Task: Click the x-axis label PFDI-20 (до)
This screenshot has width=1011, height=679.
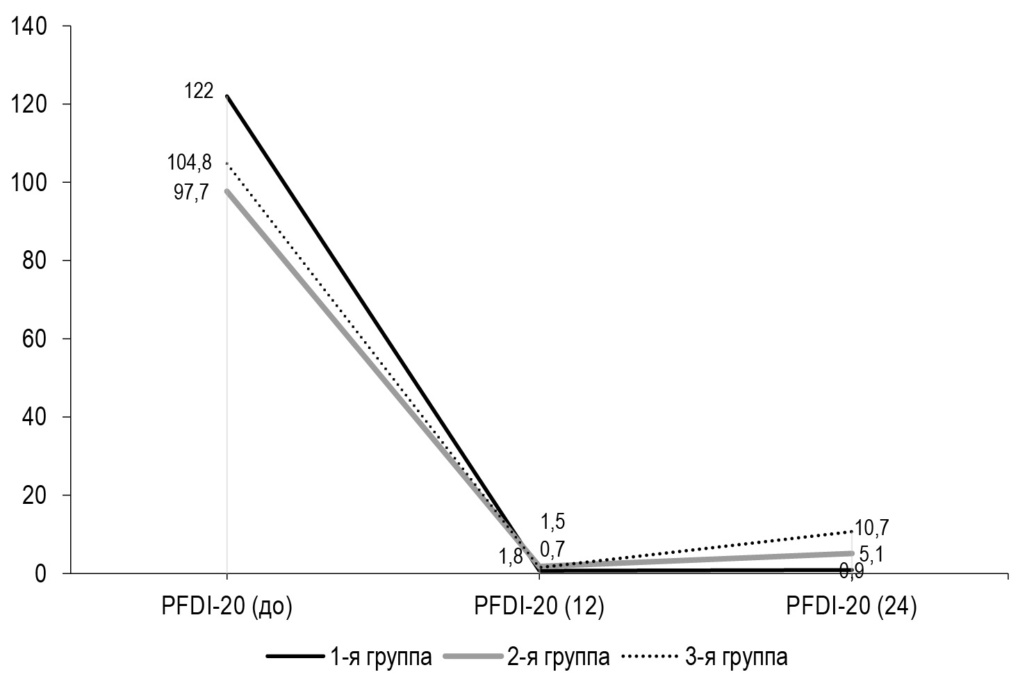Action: click(227, 606)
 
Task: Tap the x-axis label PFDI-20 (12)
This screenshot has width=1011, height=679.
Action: click(539, 606)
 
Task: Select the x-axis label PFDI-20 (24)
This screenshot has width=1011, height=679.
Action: click(852, 606)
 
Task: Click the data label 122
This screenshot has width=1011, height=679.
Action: click(199, 91)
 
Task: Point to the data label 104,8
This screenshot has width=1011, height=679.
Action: click(189, 163)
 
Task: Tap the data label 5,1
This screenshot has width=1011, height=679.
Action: click(873, 555)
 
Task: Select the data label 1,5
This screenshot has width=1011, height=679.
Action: click(553, 522)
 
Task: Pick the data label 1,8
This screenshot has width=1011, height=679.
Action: click(512, 557)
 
